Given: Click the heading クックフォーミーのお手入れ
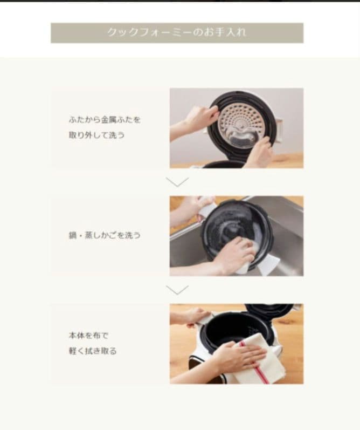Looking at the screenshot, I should click(177, 32).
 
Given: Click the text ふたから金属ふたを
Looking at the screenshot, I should click(104, 120).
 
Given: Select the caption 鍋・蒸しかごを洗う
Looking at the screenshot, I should click(105, 235).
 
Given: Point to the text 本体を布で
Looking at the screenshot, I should click(89, 336).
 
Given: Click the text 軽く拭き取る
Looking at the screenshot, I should click(93, 351).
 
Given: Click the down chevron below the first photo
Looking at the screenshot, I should click(177, 182).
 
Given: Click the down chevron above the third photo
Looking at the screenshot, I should click(177, 290).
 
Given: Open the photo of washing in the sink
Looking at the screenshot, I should click(236, 236).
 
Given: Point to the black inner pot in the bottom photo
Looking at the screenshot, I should click(233, 329).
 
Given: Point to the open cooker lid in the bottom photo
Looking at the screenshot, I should click(269, 311).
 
